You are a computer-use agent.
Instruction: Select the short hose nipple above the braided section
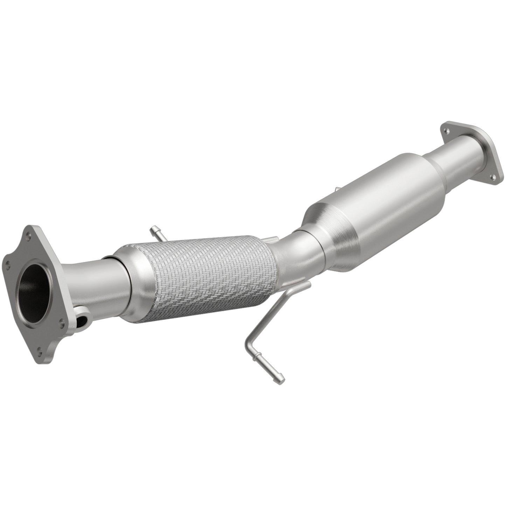point(154,231)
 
